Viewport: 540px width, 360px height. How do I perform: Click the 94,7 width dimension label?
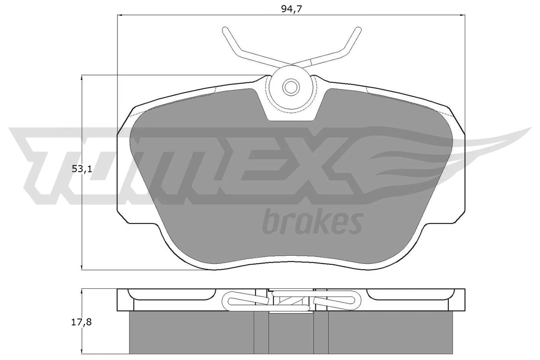tap(291, 9)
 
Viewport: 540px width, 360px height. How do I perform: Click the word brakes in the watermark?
tap(312, 222)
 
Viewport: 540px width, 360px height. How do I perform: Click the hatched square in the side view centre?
tap(291, 301)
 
